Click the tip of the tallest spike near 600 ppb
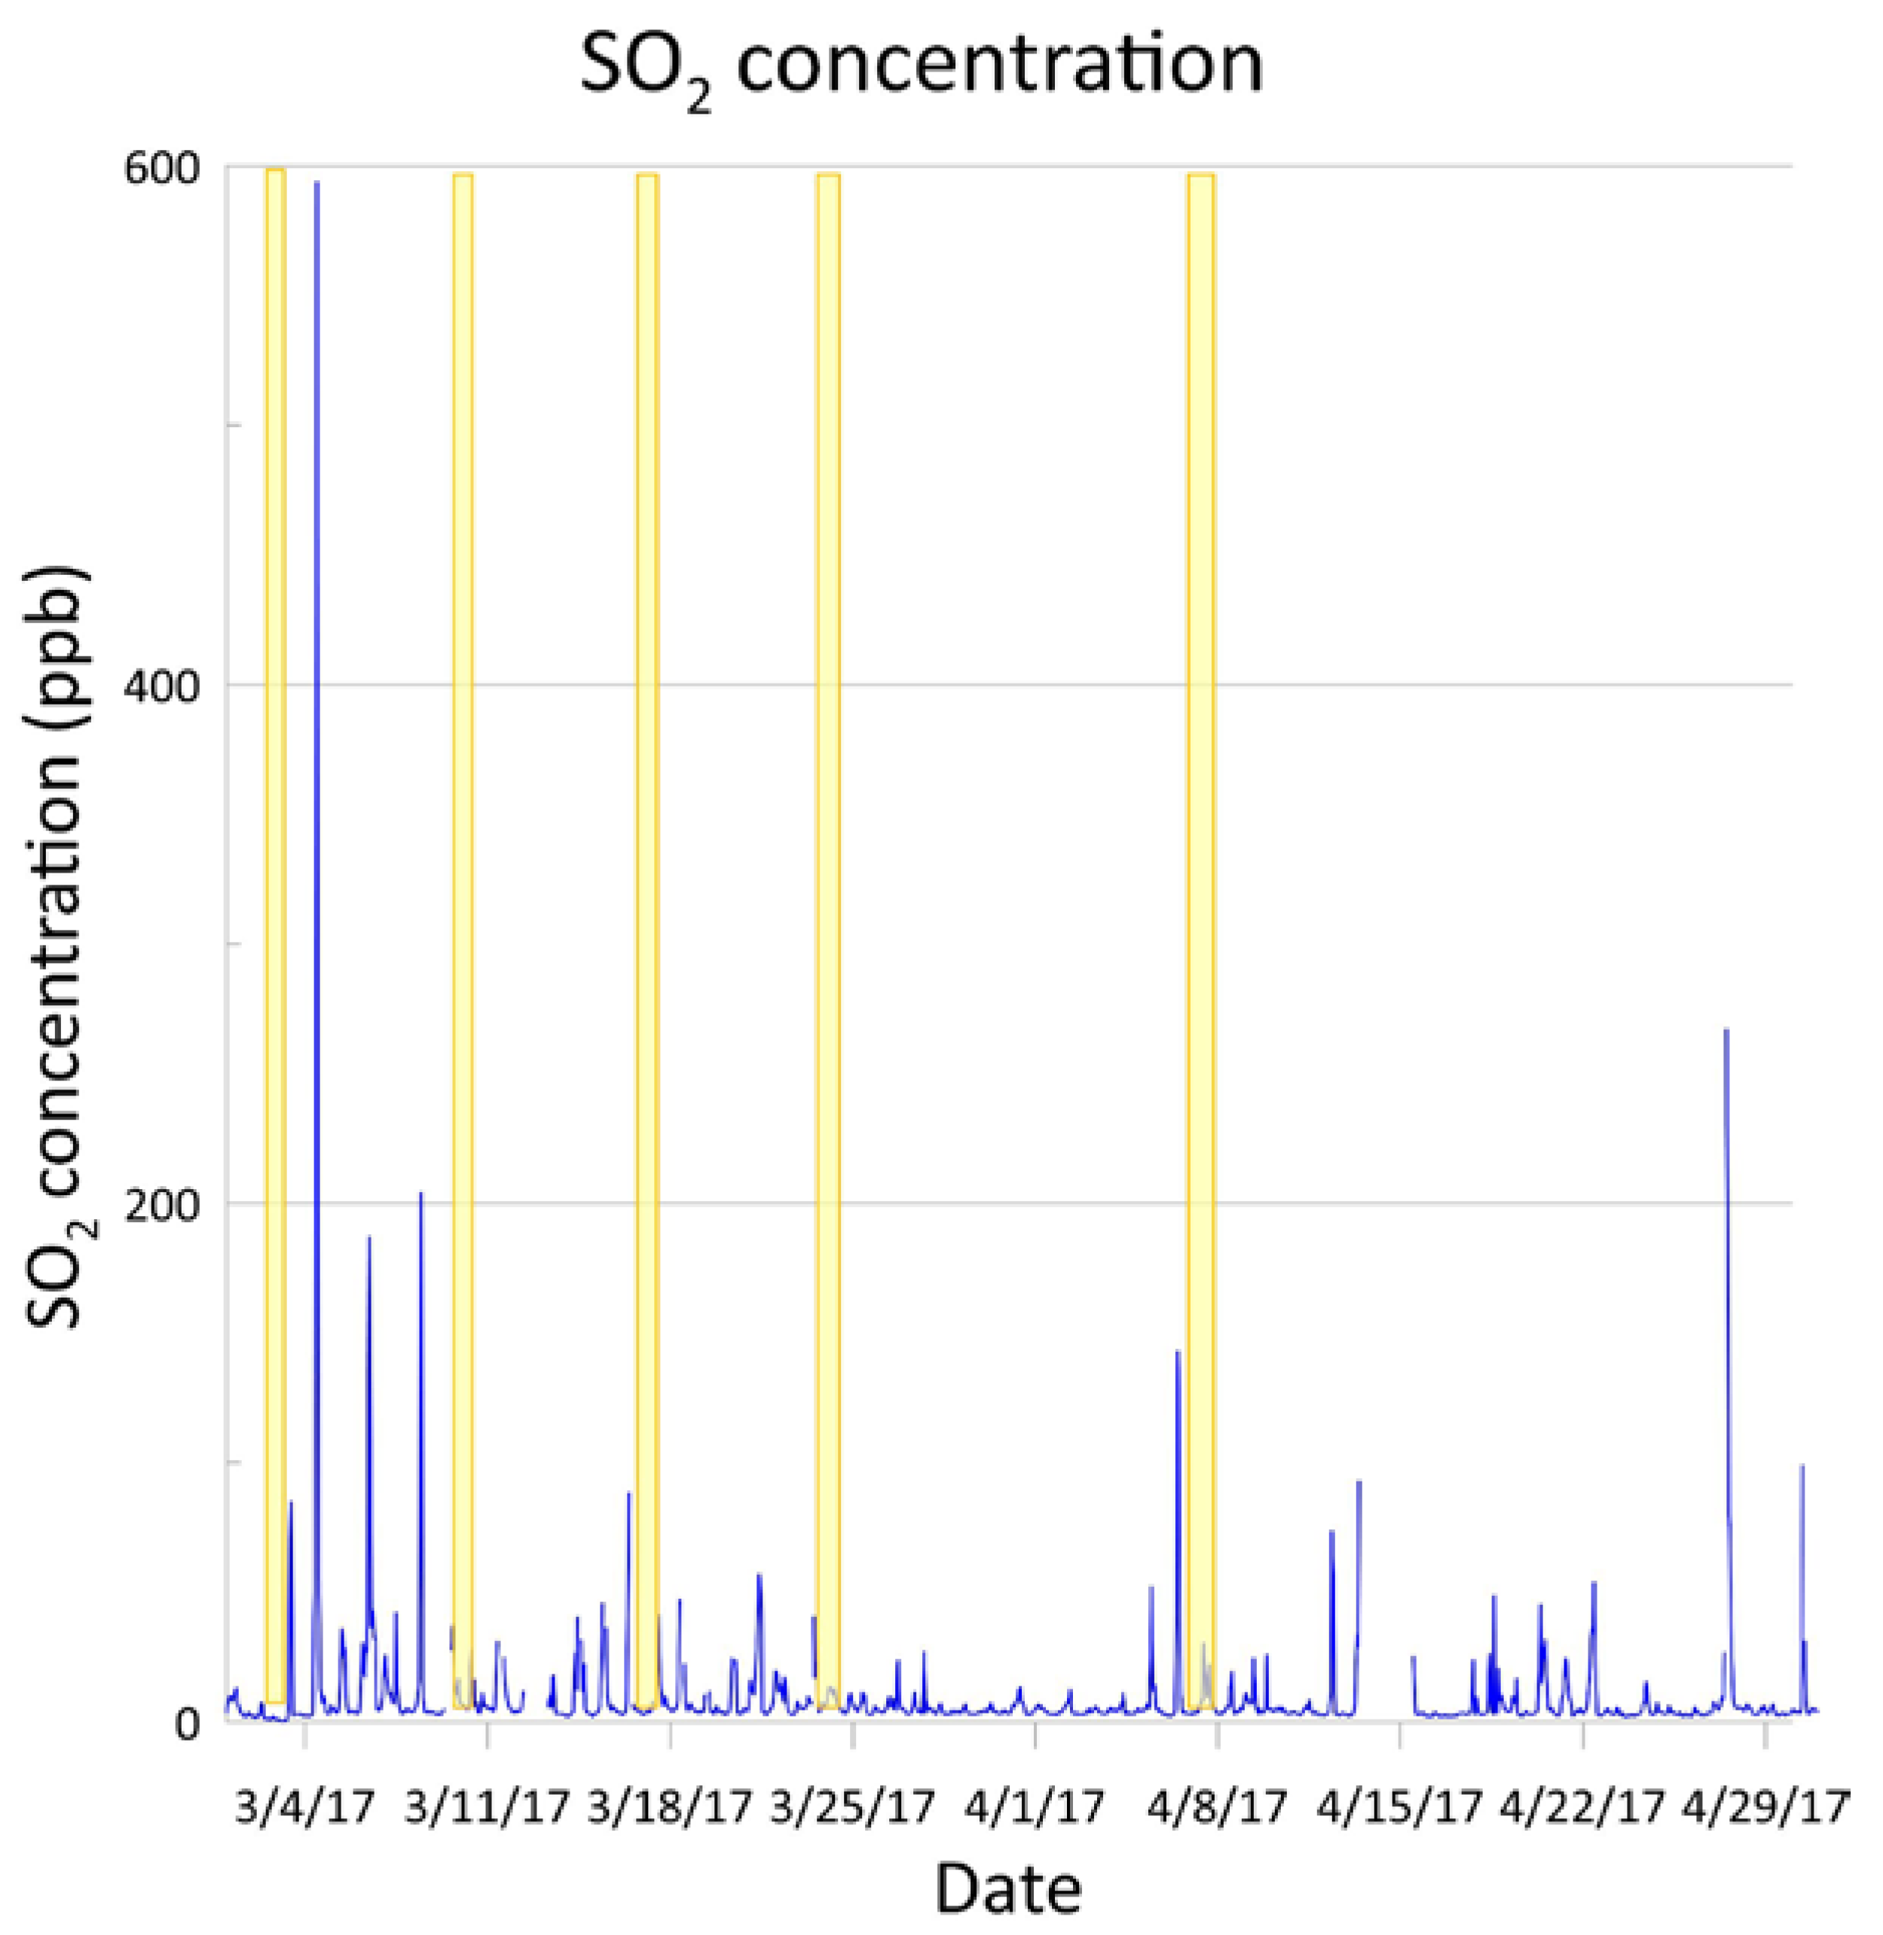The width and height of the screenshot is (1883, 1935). (316, 184)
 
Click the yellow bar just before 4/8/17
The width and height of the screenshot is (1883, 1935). (1200, 890)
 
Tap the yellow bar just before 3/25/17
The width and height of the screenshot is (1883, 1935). (828, 890)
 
